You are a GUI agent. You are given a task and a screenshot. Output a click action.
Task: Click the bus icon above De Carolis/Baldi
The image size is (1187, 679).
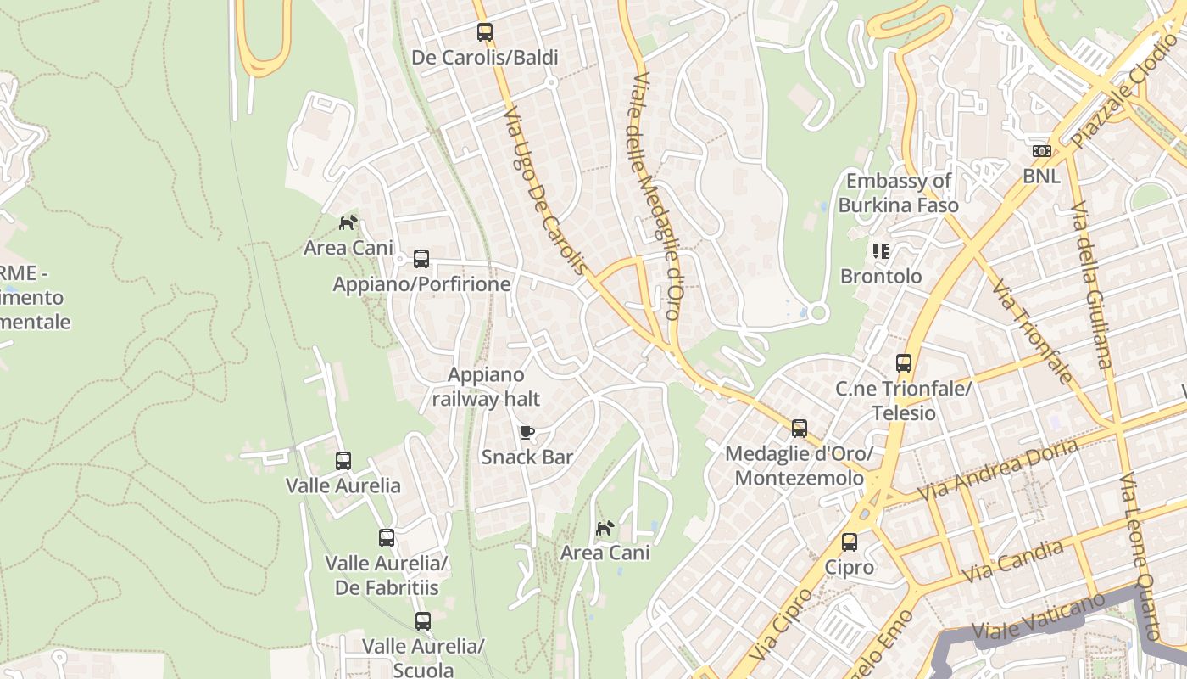tap(484, 33)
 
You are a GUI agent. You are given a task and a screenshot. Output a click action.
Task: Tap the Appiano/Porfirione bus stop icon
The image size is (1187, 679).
tap(421, 259)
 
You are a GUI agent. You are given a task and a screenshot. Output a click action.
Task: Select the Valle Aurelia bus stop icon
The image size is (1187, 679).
tap(343, 461)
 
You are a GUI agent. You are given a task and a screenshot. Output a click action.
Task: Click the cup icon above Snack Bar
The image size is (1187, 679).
tap(527, 433)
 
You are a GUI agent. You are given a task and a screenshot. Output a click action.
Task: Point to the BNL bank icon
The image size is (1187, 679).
tap(1041, 152)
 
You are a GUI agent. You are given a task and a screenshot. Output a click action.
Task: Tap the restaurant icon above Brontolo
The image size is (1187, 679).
tap(880, 251)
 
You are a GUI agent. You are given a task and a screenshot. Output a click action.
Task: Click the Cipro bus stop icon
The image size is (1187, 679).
tap(850, 542)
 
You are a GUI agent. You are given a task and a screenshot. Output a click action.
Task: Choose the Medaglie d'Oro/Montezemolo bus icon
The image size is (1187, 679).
tap(800, 429)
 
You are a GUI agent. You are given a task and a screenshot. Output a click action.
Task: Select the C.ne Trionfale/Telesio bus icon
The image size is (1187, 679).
tap(904, 363)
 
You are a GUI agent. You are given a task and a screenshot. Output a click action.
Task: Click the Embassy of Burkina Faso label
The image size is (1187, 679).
tap(899, 193)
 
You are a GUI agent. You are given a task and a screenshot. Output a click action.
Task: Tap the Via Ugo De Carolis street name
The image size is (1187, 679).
tap(544, 190)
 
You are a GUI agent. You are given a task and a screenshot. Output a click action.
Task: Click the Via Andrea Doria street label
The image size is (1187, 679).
tap(998, 469)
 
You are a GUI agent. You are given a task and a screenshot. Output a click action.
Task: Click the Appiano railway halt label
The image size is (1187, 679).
tap(486, 386)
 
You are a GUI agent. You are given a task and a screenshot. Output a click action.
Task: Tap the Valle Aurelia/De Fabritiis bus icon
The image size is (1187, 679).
tap(387, 538)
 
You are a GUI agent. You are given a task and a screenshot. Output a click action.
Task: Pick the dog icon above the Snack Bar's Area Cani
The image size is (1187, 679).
tap(605, 529)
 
